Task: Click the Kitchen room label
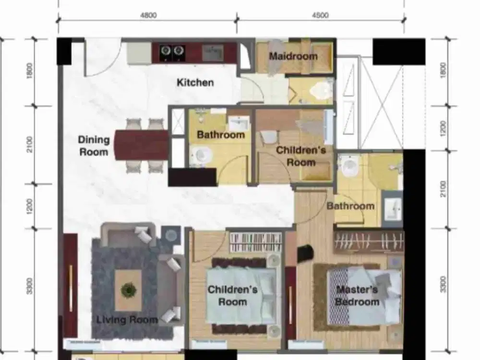point(195,83)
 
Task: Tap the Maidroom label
point(293,56)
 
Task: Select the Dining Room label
point(94,146)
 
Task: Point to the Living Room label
point(127,320)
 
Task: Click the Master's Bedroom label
point(357,296)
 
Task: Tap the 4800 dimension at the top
point(148,15)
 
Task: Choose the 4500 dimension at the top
point(320,15)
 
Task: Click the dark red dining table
point(142,145)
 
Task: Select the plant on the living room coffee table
point(128,290)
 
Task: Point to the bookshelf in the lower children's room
point(255,242)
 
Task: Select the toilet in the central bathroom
point(201,155)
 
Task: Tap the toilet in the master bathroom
point(348,166)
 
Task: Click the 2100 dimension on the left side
point(30,144)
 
